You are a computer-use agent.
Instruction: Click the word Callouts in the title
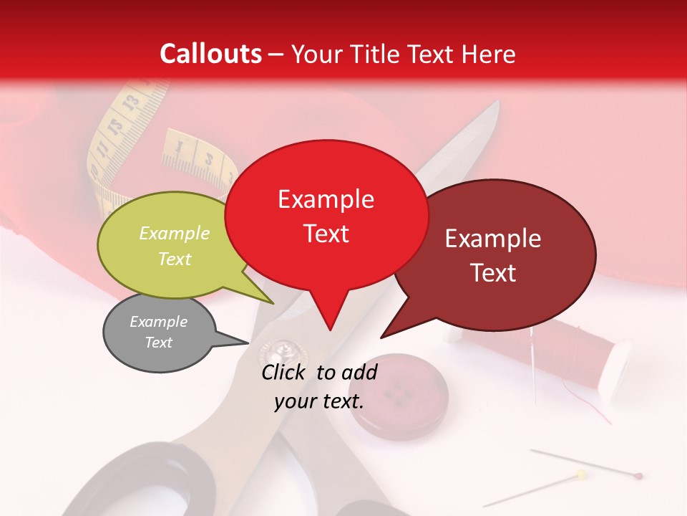click(x=210, y=54)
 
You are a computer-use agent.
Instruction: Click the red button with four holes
click(x=402, y=393)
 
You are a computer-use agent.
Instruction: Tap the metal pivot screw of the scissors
click(x=276, y=351)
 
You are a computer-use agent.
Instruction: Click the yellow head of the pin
click(x=581, y=474)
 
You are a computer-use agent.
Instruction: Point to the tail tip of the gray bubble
click(x=248, y=343)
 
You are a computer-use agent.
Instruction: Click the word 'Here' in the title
click(x=489, y=54)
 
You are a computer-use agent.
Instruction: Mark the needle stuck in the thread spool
click(x=533, y=358)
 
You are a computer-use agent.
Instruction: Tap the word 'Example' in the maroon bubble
click(x=493, y=239)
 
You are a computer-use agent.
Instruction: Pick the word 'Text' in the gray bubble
click(x=158, y=343)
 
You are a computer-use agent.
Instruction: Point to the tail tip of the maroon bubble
click(x=382, y=337)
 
